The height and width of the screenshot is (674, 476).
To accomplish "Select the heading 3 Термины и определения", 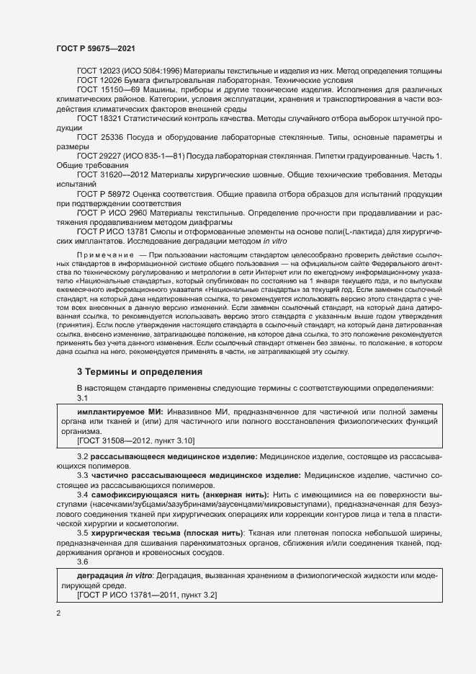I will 140,372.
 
